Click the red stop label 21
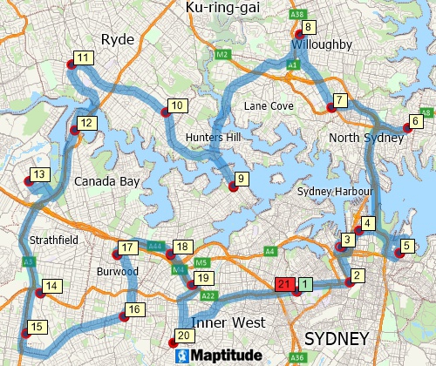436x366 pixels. pyautogui.click(x=283, y=284)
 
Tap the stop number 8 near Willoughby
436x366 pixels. pyautogui.click(x=308, y=27)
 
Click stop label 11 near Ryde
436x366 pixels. pyautogui.click(x=84, y=58)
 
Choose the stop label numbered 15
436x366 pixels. pyautogui.click(x=35, y=328)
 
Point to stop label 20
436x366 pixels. pyautogui.click(x=183, y=335)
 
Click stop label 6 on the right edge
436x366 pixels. pyautogui.click(x=416, y=121)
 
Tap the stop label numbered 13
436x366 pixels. pyautogui.click(x=38, y=175)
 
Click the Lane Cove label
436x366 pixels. pyautogui.click(x=268, y=105)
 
